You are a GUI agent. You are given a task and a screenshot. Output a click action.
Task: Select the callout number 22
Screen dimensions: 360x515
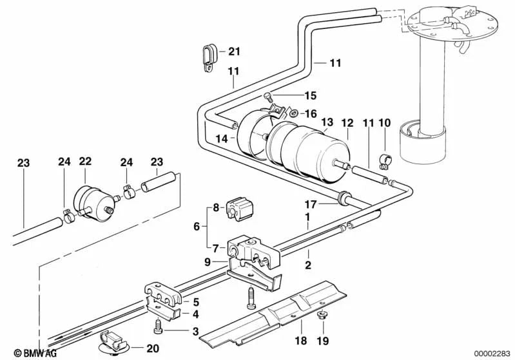pos(86,161)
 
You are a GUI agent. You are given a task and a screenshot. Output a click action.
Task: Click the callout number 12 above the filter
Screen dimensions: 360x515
pos(347,122)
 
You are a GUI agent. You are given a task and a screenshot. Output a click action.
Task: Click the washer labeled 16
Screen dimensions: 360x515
pos(294,114)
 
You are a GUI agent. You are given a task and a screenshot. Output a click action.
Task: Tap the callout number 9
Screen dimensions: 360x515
pos(207,262)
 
